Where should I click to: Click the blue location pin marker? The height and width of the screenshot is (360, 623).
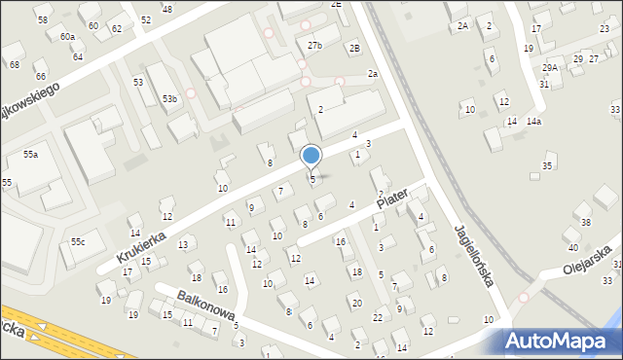point(311,156)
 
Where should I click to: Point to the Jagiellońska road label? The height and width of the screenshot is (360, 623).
point(474,256)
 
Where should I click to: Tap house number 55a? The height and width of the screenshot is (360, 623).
point(31,155)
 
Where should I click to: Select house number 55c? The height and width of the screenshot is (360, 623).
point(77,241)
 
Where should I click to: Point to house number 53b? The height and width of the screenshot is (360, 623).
point(170,99)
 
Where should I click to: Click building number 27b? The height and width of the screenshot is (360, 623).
point(314,46)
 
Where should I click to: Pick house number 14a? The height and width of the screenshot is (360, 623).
point(533,122)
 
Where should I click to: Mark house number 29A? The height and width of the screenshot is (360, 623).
point(550,67)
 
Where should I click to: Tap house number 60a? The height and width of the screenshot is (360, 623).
point(67,36)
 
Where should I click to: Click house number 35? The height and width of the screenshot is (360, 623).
point(548,166)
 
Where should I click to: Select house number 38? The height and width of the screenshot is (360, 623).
point(584,223)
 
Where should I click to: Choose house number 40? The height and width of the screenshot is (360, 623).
point(572,247)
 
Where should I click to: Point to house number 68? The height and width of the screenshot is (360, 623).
point(15,64)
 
